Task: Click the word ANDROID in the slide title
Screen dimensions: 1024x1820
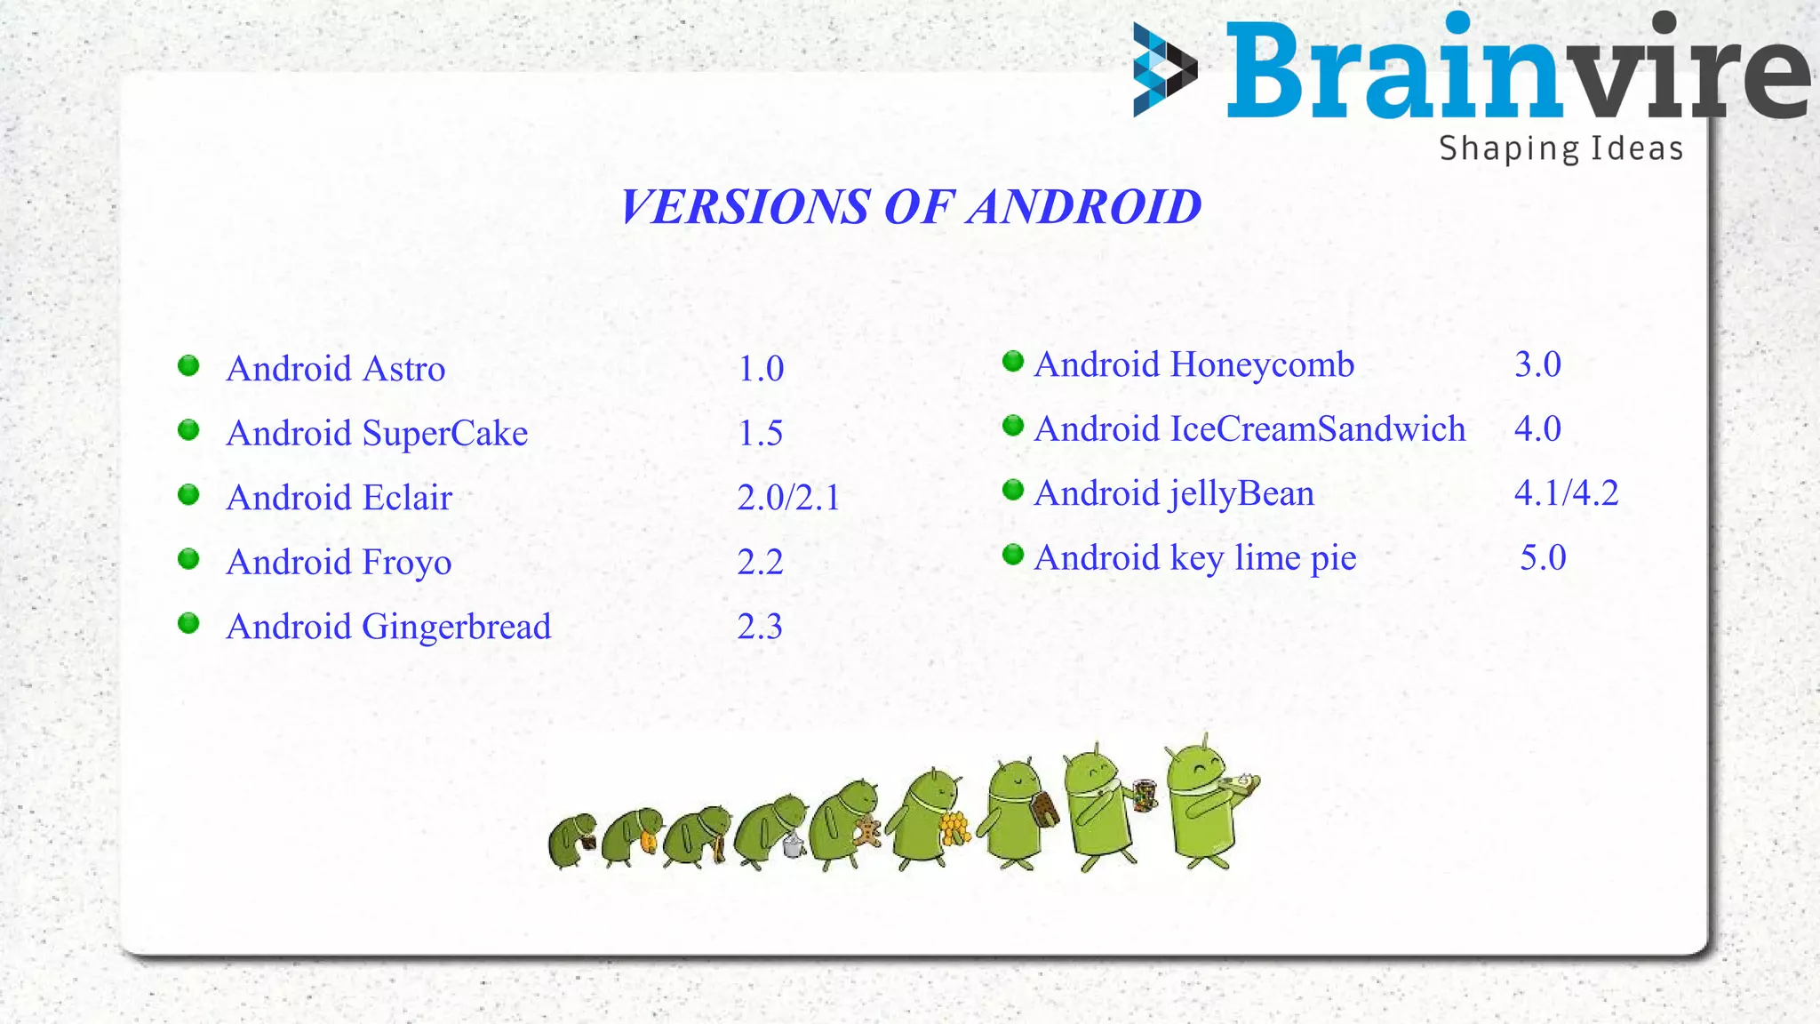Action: coord(1084,207)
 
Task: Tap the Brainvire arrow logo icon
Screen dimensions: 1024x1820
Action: coord(1164,70)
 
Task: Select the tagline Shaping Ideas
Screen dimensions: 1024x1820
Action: coord(1561,148)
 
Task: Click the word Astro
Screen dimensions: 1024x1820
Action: coord(404,369)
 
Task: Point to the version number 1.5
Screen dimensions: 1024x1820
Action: coord(761,434)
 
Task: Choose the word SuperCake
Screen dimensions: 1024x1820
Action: coord(445,434)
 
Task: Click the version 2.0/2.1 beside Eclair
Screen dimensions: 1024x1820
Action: coord(788,498)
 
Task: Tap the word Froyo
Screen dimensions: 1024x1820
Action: coord(407,563)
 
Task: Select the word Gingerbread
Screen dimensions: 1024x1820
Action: coord(457,628)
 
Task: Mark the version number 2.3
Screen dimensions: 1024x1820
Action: coord(760,628)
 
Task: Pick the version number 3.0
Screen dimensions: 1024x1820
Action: coord(1537,364)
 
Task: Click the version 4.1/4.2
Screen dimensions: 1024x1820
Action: coord(1566,493)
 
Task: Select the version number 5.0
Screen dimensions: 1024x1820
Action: coord(1543,558)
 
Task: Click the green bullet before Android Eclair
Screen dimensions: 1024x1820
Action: coord(188,495)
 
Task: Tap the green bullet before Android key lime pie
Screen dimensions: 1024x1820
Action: coord(1013,556)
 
